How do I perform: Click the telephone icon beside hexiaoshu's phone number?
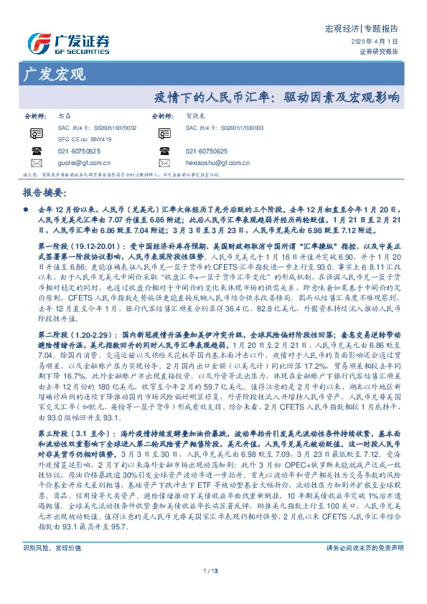(x=165, y=151)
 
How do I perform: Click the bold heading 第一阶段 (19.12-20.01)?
(x=72, y=245)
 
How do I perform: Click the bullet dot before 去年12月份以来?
(x=27, y=204)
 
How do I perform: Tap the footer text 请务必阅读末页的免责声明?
(x=365, y=567)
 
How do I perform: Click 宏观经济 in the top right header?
(x=332, y=29)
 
